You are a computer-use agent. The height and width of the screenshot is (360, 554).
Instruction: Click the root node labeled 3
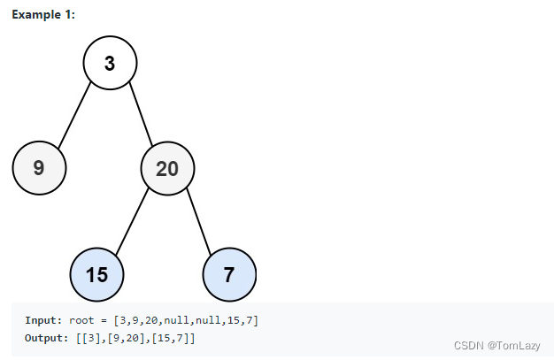tap(110, 63)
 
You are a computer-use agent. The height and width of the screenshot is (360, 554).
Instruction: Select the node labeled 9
tap(39, 168)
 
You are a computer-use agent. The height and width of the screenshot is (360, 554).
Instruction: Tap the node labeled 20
tap(167, 169)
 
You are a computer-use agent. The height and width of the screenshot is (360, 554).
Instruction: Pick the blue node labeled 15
tap(96, 274)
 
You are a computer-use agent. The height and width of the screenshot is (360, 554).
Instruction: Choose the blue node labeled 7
tap(229, 274)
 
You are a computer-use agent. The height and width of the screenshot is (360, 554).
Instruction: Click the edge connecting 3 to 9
tap(74, 115)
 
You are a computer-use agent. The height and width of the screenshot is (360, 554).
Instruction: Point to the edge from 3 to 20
tap(141, 114)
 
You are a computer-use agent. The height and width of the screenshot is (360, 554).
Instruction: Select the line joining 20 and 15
tap(132, 221)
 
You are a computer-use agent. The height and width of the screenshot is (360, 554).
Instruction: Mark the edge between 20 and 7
tap(198, 221)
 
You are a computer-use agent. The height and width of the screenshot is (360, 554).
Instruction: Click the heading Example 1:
tap(43, 14)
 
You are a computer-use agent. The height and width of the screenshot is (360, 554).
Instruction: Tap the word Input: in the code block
tap(43, 320)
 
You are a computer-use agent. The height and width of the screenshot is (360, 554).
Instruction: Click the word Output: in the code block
tap(47, 338)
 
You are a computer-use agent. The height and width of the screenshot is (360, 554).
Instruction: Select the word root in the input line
tap(81, 320)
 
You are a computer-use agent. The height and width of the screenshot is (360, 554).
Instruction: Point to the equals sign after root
tap(104, 321)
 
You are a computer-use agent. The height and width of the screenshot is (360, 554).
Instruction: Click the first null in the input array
tap(176, 320)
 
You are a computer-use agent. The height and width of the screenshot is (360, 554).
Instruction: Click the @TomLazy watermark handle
tap(513, 346)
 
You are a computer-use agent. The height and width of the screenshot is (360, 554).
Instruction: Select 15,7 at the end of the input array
tap(240, 320)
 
